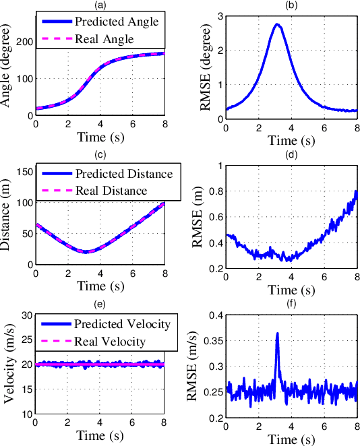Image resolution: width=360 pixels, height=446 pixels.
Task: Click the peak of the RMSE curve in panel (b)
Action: click(x=277, y=24)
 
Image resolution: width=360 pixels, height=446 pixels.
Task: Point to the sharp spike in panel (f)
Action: click(x=277, y=333)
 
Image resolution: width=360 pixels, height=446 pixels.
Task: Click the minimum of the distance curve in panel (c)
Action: click(x=86, y=252)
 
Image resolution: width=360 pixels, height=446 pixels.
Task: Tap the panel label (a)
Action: click(x=99, y=4)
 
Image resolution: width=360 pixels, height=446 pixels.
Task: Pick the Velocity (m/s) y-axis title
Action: click(x=8, y=365)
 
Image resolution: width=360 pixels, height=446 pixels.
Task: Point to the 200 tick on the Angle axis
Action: click(x=25, y=42)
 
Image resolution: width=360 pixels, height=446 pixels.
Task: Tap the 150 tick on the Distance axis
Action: click(x=25, y=172)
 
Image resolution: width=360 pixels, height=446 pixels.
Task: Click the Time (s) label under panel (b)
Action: click(x=291, y=141)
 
